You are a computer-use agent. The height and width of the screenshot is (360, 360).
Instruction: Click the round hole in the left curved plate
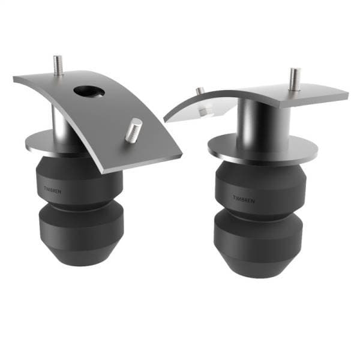[x=89, y=92]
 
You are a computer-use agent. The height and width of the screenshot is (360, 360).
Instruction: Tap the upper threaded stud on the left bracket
[x=58, y=65]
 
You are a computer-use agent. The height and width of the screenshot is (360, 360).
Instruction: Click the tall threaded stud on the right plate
[x=294, y=79]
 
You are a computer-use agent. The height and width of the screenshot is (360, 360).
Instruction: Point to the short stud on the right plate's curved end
[x=200, y=91]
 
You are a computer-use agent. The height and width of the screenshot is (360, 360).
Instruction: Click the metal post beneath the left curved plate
[x=60, y=123]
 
